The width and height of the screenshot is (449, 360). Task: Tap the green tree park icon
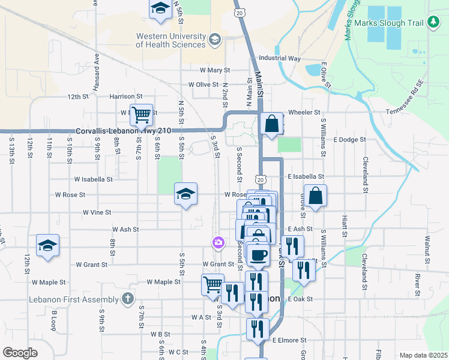(x=433, y=23)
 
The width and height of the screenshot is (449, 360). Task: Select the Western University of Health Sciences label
(x=170, y=40)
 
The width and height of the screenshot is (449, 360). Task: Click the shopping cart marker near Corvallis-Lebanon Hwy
(x=141, y=114)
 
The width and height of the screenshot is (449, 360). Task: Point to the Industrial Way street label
(x=279, y=59)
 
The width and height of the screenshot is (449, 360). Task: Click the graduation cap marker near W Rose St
(x=185, y=194)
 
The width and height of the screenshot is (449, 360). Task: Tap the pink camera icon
(x=218, y=242)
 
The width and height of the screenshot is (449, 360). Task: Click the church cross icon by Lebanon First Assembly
(x=127, y=298)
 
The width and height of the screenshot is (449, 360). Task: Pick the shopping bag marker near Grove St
(x=316, y=195)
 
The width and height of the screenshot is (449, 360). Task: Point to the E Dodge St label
(x=349, y=140)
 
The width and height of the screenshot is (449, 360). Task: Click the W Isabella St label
(x=93, y=179)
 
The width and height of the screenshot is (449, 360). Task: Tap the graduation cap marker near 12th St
(x=47, y=245)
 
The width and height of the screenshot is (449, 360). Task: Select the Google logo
(x=20, y=353)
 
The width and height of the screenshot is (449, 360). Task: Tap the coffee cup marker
(x=258, y=254)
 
